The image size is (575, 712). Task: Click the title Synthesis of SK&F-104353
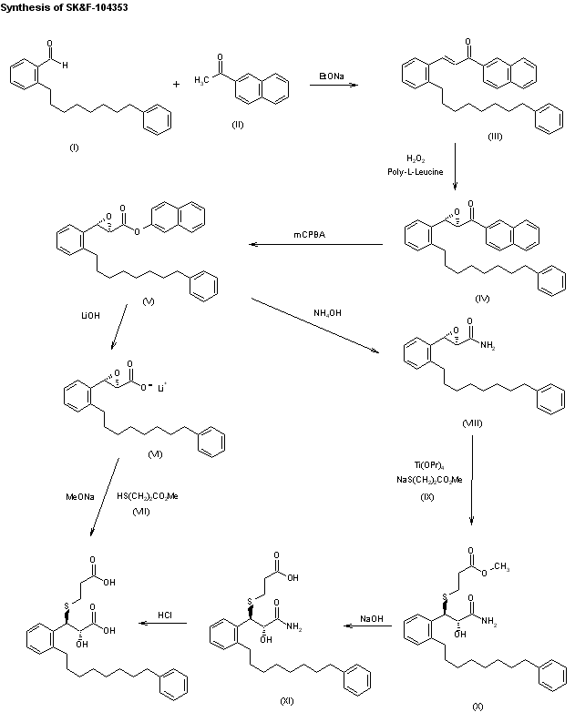tap(57, 7)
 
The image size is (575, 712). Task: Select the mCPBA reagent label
tap(310, 236)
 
